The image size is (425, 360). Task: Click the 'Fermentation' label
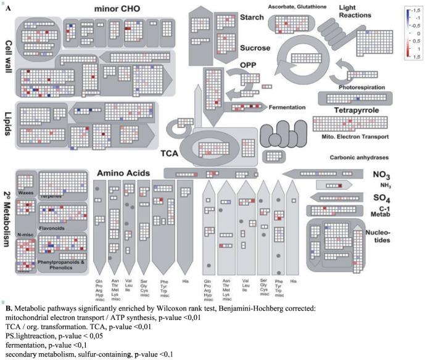(x=287, y=107)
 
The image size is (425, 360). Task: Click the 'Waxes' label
(x=25, y=192)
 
